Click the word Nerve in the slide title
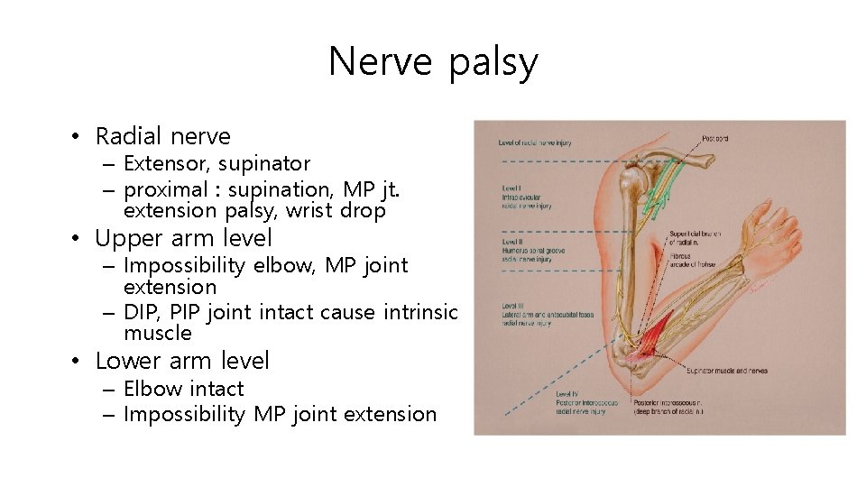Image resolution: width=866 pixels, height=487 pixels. point(382,62)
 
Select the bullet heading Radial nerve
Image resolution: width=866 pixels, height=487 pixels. point(162,136)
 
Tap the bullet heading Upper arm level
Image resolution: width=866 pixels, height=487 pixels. point(183,238)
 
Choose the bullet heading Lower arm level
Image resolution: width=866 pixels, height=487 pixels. point(182,361)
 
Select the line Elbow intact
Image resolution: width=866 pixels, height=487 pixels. point(183,389)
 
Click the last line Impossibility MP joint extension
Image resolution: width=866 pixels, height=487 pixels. point(280,414)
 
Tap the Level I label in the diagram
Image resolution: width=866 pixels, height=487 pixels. point(526,197)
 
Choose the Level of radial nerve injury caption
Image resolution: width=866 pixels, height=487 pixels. point(535,142)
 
